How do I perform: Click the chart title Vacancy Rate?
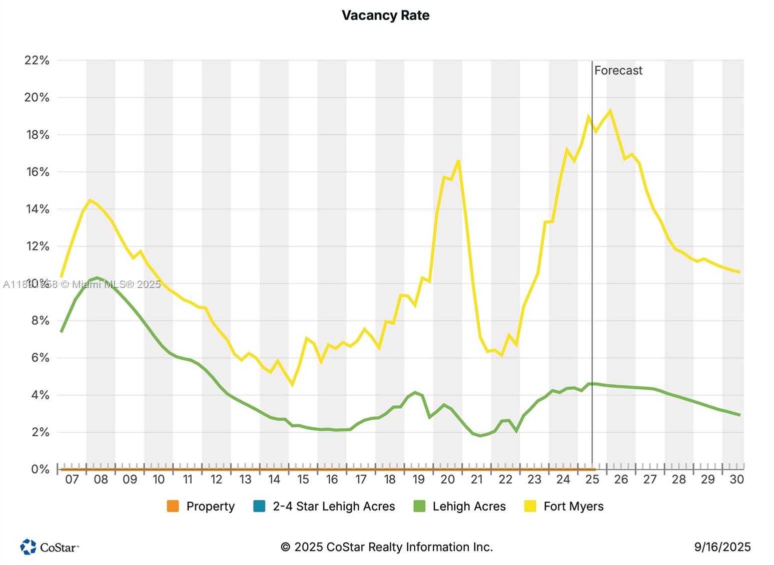385,16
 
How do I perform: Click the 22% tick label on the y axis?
37,61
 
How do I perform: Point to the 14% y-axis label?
37,209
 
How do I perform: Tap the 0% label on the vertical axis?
40,470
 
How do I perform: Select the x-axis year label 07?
72,479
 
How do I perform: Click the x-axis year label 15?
303,479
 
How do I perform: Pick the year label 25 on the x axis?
592,479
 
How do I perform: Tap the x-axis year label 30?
736,479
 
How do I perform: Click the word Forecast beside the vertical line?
618,71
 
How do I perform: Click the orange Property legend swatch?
173,506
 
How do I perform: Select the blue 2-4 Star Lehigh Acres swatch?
259,506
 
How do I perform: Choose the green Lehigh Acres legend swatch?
419,506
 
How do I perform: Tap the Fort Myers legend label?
573,506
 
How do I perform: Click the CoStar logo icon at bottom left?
28,547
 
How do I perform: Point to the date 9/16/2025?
722,547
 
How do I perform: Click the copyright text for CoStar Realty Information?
387,547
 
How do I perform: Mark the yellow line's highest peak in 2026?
610,111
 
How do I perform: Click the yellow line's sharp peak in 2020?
458,161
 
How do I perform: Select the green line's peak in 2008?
98,277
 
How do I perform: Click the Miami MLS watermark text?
82,285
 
